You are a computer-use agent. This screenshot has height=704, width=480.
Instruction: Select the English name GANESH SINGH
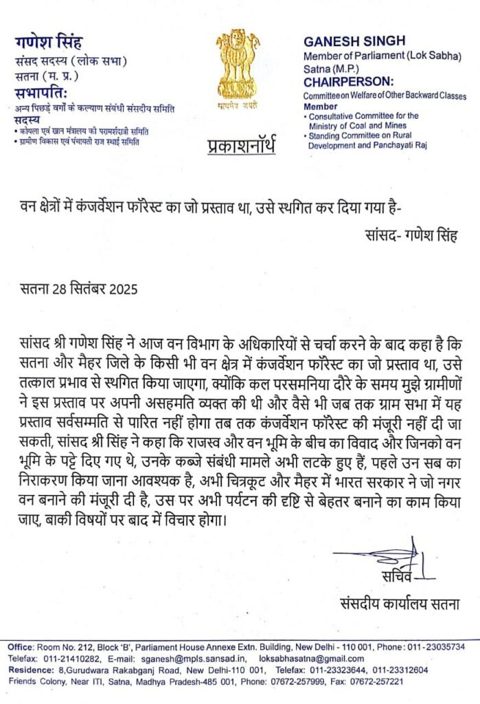[x=354, y=41]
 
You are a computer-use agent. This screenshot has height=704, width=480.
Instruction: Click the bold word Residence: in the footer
[x=32, y=670]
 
